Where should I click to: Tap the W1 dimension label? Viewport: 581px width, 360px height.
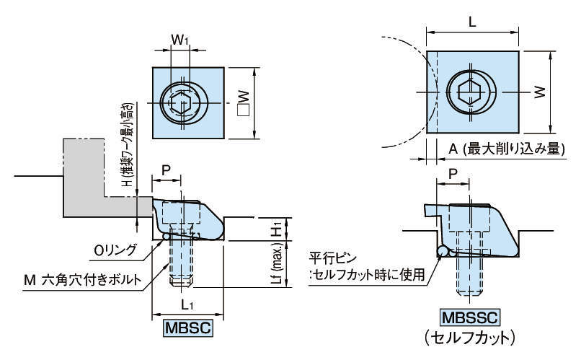(x=180, y=42)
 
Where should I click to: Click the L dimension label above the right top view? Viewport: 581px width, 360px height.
(x=472, y=22)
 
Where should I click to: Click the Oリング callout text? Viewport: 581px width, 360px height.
(x=116, y=250)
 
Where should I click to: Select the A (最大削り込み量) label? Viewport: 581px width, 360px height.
(x=505, y=149)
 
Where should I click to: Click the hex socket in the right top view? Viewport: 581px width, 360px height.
(x=471, y=92)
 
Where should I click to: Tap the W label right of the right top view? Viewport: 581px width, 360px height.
(x=540, y=91)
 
